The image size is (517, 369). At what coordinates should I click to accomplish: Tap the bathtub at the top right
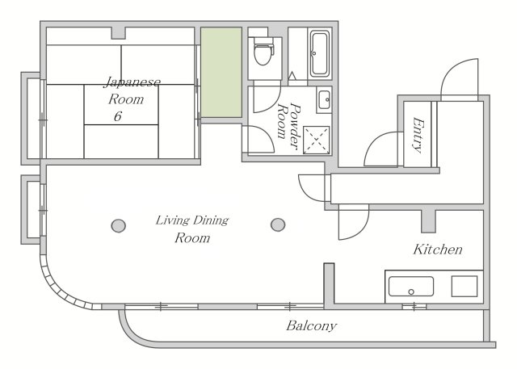tap(320, 54)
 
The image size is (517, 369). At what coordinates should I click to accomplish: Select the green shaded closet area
tap(221, 72)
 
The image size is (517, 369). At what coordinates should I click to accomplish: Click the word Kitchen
tap(438, 249)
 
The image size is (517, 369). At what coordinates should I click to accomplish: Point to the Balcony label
tap(311, 326)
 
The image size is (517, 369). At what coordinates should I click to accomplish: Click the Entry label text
tap(418, 135)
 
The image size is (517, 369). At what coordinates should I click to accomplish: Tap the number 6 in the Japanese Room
tap(118, 116)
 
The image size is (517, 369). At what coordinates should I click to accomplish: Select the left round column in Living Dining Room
tap(119, 226)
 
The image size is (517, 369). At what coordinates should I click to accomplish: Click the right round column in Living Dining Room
tap(278, 224)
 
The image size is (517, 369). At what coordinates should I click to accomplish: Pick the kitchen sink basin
tap(411, 287)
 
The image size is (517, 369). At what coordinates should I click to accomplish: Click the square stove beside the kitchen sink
tap(464, 287)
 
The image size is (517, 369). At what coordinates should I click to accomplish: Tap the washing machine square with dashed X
tap(316, 140)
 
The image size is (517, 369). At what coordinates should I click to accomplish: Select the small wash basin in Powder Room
tap(325, 99)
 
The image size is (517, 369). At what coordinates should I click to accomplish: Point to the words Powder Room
tap(288, 126)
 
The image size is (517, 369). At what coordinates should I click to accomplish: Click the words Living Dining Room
tap(192, 229)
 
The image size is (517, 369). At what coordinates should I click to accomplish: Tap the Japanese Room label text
tap(132, 90)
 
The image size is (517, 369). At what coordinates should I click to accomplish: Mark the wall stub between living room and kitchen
tap(329, 285)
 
